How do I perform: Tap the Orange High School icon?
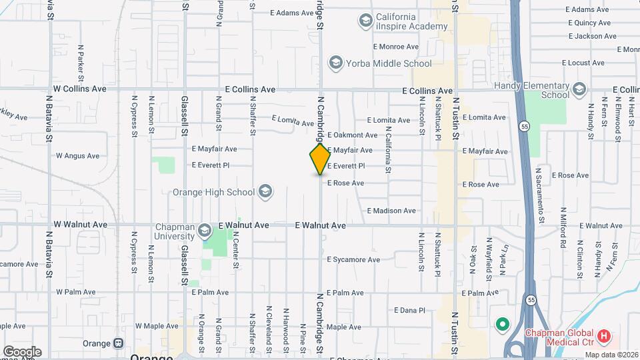click(x=265, y=192)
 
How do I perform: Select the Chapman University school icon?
click(x=205, y=231)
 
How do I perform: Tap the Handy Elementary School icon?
click(x=579, y=89)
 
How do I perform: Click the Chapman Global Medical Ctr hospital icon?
click(x=604, y=336)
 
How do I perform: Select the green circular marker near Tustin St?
click(x=502, y=325)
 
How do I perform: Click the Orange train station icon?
click(x=119, y=343)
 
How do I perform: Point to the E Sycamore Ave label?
click(x=353, y=259)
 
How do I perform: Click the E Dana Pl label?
click(x=409, y=310)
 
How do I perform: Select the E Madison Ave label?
click(x=392, y=211)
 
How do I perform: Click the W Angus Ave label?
click(x=77, y=156)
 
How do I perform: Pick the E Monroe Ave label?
click(x=396, y=47)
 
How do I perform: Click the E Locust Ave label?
click(x=583, y=63)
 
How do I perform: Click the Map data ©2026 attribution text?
click(x=611, y=355)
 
